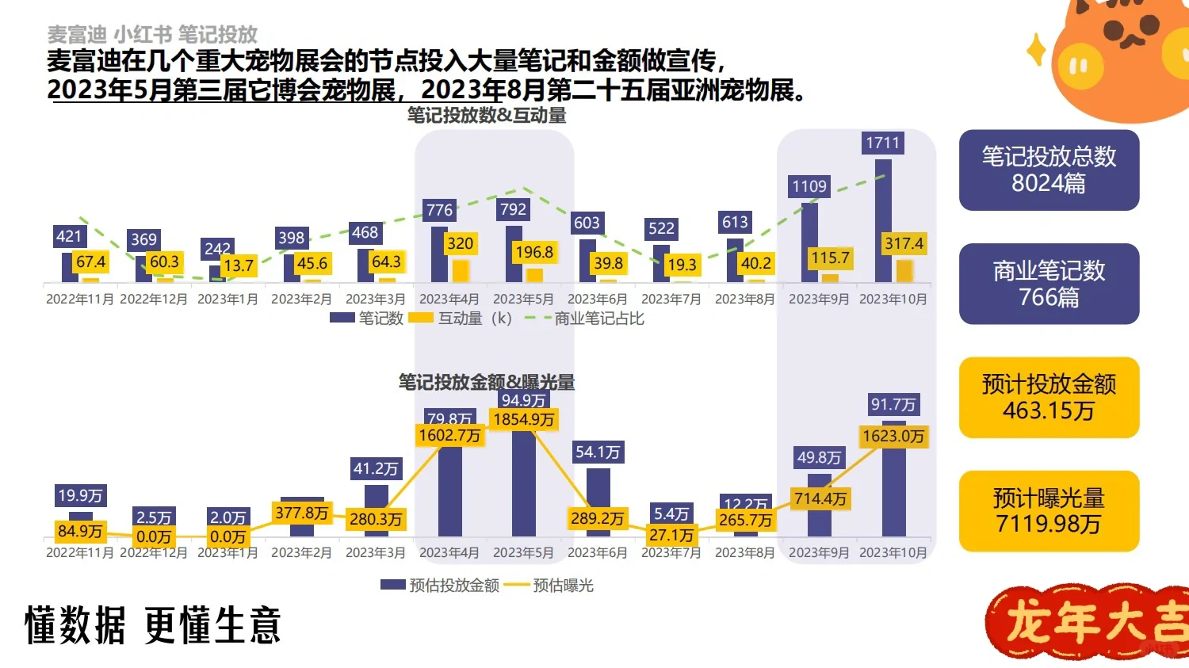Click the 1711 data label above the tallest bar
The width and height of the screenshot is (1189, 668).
pyautogui.click(x=883, y=143)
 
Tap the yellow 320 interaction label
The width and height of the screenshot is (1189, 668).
pyautogui.click(x=460, y=243)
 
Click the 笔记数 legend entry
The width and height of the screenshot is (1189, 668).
pyautogui.click(x=367, y=318)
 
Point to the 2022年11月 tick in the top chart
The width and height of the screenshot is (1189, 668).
pyautogui.click(x=80, y=299)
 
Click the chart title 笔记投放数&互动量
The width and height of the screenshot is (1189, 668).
pyautogui.click(x=487, y=116)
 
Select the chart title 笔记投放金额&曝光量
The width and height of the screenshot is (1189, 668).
pyautogui.click(x=487, y=382)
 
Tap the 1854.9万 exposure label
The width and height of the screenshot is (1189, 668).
pyautogui.click(x=523, y=419)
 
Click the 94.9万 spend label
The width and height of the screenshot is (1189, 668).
pyautogui.click(x=523, y=400)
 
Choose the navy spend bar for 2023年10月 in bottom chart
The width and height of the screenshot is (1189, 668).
pyautogui.click(x=893, y=491)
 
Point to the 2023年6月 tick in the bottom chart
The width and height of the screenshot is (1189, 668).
pyautogui.click(x=597, y=552)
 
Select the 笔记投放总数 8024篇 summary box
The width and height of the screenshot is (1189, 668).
pyautogui.click(x=1049, y=170)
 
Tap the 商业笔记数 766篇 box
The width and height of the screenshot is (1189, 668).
pyautogui.click(x=1049, y=284)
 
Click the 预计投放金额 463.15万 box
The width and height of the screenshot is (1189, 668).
pyautogui.click(x=1049, y=398)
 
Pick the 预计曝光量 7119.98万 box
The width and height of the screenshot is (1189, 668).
pyautogui.click(x=1049, y=511)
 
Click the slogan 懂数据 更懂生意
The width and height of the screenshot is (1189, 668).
pyautogui.click(x=153, y=625)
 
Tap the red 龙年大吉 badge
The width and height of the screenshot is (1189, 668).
pyautogui.click(x=1090, y=623)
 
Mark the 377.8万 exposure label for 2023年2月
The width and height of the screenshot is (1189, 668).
pyautogui.click(x=301, y=513)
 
